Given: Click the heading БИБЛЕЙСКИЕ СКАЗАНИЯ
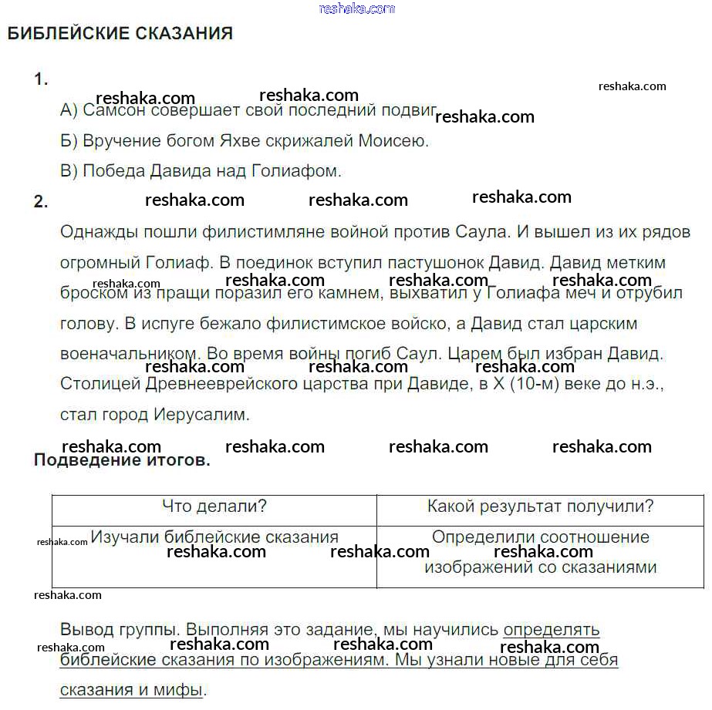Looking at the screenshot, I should coord(120,34).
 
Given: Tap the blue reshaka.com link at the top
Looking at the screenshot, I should coord(356,8).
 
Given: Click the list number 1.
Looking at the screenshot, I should coord(41,79).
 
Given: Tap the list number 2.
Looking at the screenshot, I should coord(41,202).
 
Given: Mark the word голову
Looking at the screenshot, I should coord(86,323).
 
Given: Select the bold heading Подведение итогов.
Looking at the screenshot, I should coord(122,461).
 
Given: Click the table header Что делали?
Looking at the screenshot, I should coord(214,506).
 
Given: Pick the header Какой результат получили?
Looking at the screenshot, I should coord(540,506).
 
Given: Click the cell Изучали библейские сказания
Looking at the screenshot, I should coord(214,537).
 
